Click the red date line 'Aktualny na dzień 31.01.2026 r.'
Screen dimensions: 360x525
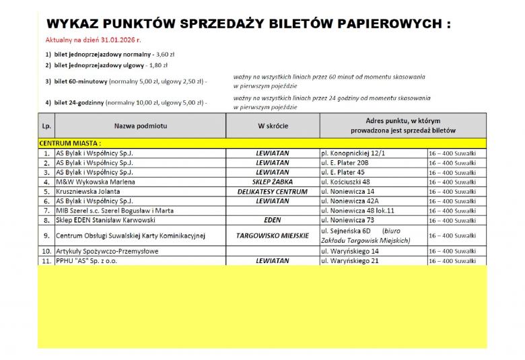pos(93,40)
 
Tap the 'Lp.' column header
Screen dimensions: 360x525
pos(46,126)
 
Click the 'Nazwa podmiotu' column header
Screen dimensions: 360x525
pos(140,126)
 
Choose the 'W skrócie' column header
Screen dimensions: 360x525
pos(272,126)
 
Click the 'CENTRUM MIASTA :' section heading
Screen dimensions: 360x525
pos(70,143)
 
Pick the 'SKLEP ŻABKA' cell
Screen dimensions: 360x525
pos(272,182)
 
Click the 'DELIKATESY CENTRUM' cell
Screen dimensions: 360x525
pos(272,191)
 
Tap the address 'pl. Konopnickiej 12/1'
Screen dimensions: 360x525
pos(353,153)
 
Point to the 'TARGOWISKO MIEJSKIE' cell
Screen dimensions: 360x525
pos(272,236)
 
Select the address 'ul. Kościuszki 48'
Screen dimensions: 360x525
pos(345,182)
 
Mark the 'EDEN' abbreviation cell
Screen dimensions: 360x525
pos(272,220)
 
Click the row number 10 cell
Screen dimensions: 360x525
pos(46,251)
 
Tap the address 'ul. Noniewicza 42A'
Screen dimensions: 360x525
pos(349,201)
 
